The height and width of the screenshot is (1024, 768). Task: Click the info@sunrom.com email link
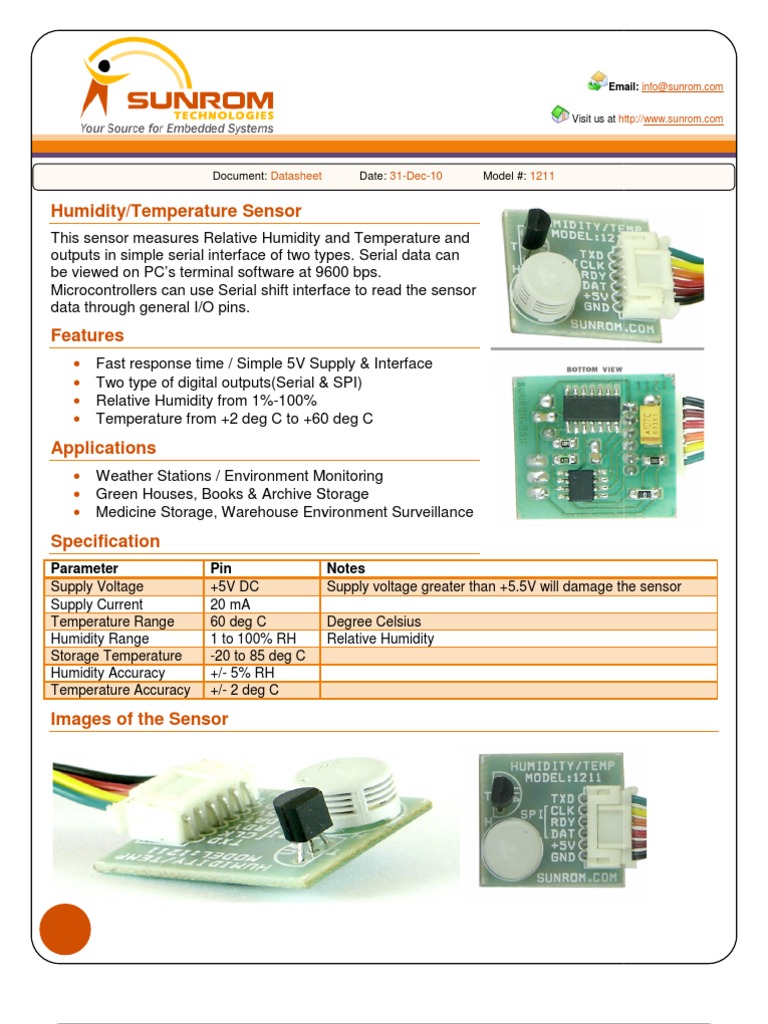682,87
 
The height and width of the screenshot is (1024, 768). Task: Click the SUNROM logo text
199,100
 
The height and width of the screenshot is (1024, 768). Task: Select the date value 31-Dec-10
416,176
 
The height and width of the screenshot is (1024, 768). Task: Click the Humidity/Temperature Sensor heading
176,211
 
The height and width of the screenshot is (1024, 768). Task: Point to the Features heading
87,335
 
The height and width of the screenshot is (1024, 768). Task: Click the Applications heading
103,448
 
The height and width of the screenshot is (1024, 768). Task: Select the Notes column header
346,568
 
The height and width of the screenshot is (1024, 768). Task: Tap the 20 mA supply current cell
231,604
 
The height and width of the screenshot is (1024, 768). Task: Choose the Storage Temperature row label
116,656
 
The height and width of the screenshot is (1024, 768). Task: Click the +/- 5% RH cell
243,673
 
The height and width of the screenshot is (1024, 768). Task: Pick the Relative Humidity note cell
380,638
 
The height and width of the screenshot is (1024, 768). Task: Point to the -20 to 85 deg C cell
258,656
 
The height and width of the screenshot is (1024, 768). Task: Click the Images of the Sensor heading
139,719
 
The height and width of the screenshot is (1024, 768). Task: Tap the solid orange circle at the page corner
65,930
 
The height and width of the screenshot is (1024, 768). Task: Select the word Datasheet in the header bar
296,176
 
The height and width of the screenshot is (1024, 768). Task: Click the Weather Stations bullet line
239,476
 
